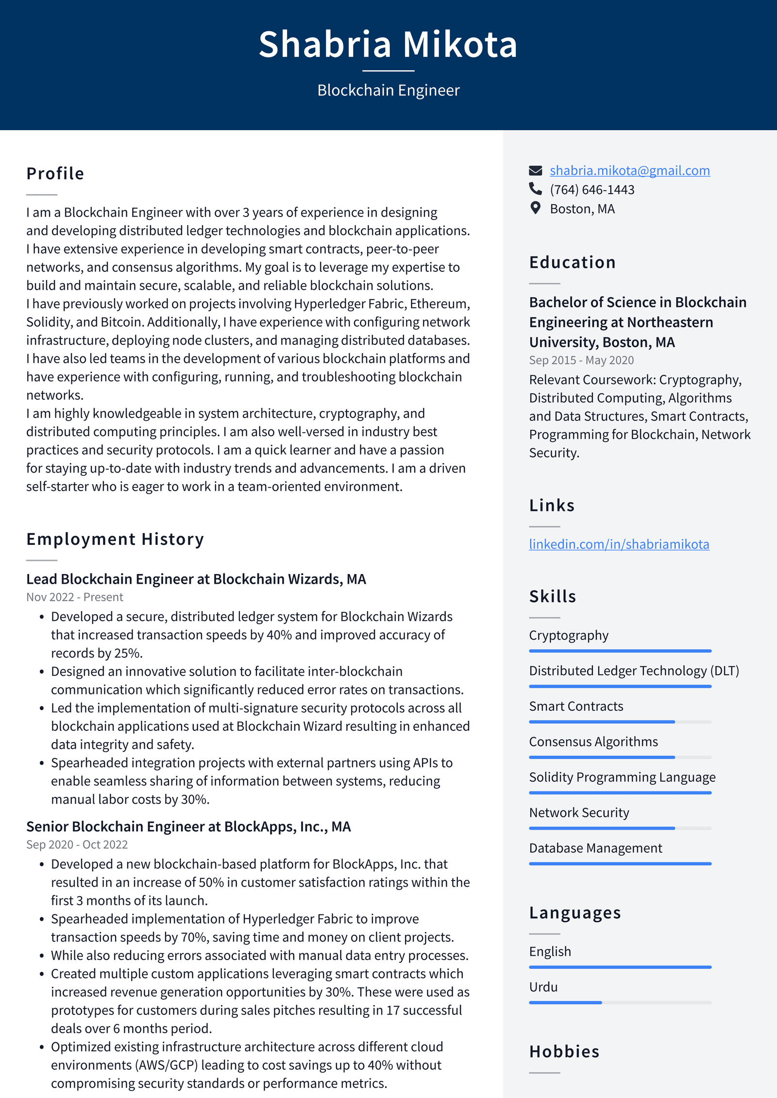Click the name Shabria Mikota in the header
pyautogui.click(x=388, y=44)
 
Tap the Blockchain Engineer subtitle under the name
pyautogui.click(x=388, y=90)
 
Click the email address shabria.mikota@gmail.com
pyautogui.click(x=629, y=170)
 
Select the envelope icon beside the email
pyautogui.click(x=535, y=170)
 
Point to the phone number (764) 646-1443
pyautogui.click(x=591, y=189)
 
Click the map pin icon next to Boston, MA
pyautogui.click(x=535, y=208)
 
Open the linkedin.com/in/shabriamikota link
pyautogui.click(x=619, y=544)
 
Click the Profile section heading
pyautogui.click(x=55, y=173)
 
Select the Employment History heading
pyautogui.click(x=115, y=539)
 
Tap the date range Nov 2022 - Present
pyautogui.click(x=75, y=597)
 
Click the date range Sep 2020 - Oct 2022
pyautogui.click(x=77, y=845)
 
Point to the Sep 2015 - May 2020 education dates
pyautogui.click(x=581, y=360)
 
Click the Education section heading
pyautogui.click(x=572, y=262)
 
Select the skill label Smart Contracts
pyautogui.click(x=576, y=706)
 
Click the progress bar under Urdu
pyautogui.click(x=620, y=1002)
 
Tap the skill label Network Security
pyautogui.click(x=579, y=812)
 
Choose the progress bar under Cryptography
pyautogui.click(x=620, y=651)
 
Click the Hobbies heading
pyautogui.click(x=564, y=1051)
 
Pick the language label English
pyautogui.click(x=550, y=951)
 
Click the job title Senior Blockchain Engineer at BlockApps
pyautogui.click(x=188, y=827)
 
